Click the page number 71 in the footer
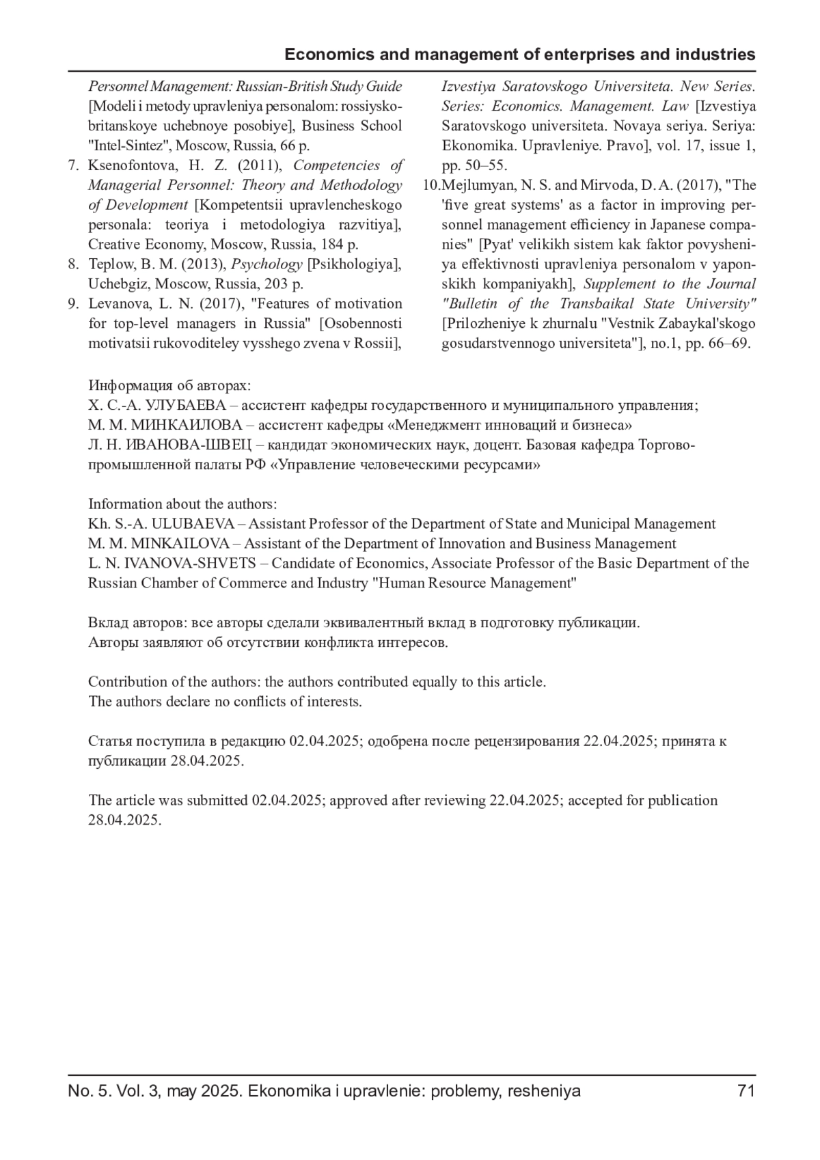[746, 1091]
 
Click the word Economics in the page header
[323, 55]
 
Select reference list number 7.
[73, 165]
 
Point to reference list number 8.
[73, 264]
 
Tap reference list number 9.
[73, 304]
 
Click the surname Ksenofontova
[128, 165]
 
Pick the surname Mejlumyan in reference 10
[475, 185]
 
